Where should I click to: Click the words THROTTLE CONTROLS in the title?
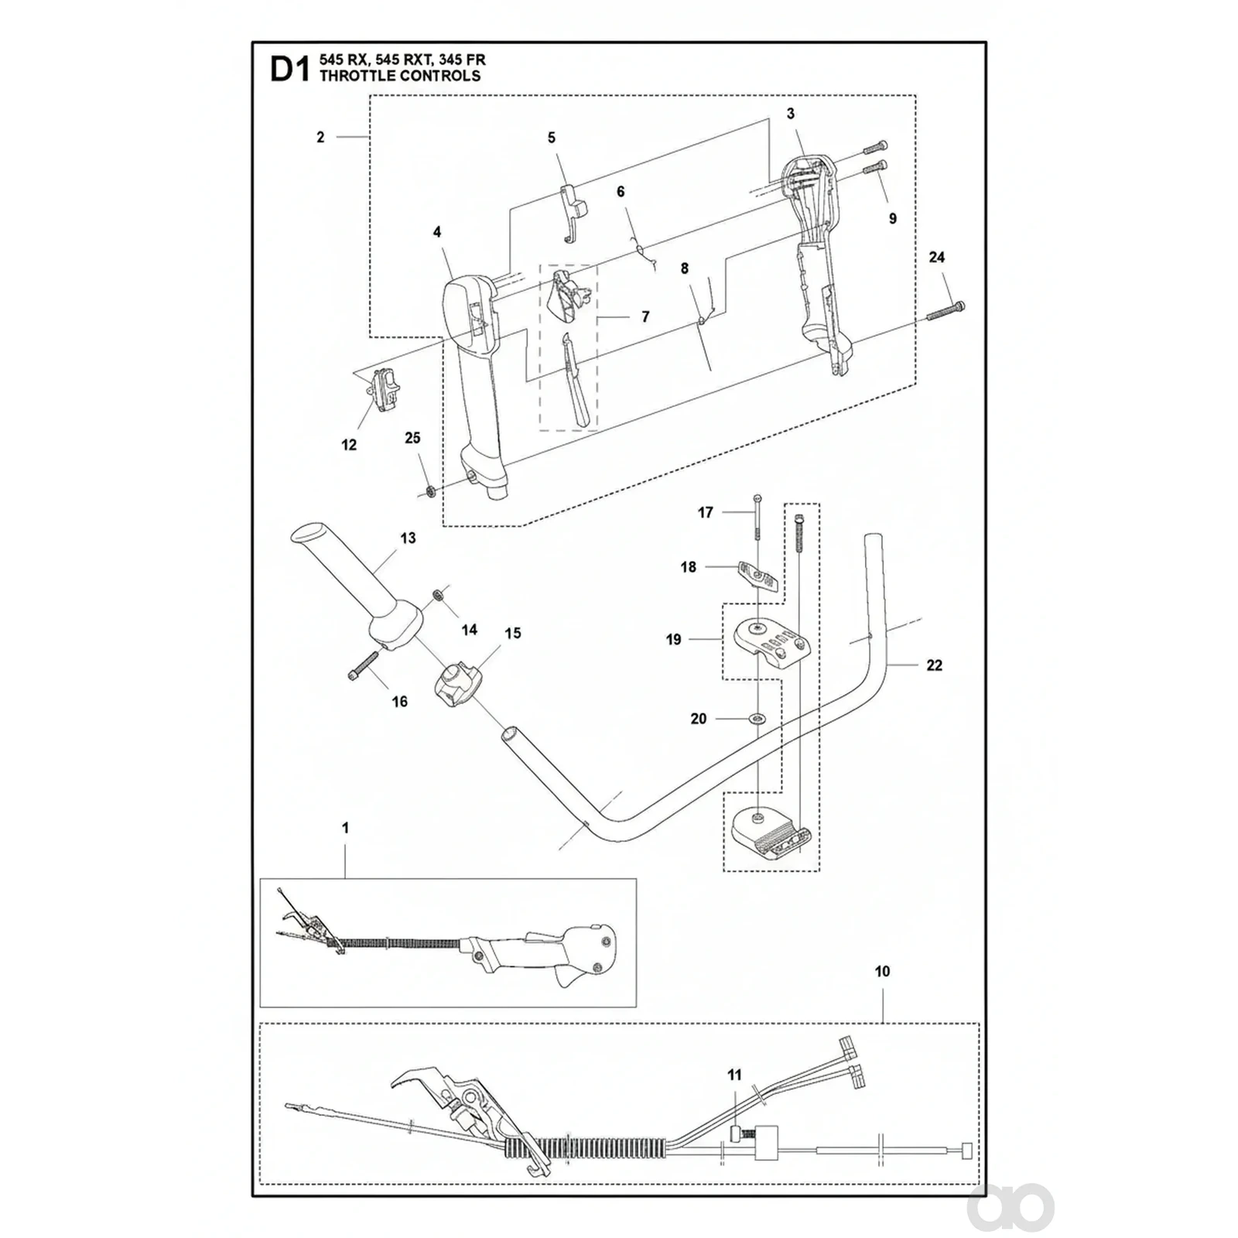coord(399,76)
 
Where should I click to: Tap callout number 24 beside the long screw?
coord(936,257)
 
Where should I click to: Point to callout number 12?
coord(349,445)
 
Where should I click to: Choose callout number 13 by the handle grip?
coord(408,538)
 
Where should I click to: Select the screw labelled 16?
coord(361,665)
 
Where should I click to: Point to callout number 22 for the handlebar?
coord(934,665)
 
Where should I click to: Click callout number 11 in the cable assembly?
coord(734,1075)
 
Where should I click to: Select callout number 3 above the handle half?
coord(791,114)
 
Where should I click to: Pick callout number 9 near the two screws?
coord(893,219)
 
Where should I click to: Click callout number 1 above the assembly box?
coord(345,828)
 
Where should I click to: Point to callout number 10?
coord(882,971)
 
